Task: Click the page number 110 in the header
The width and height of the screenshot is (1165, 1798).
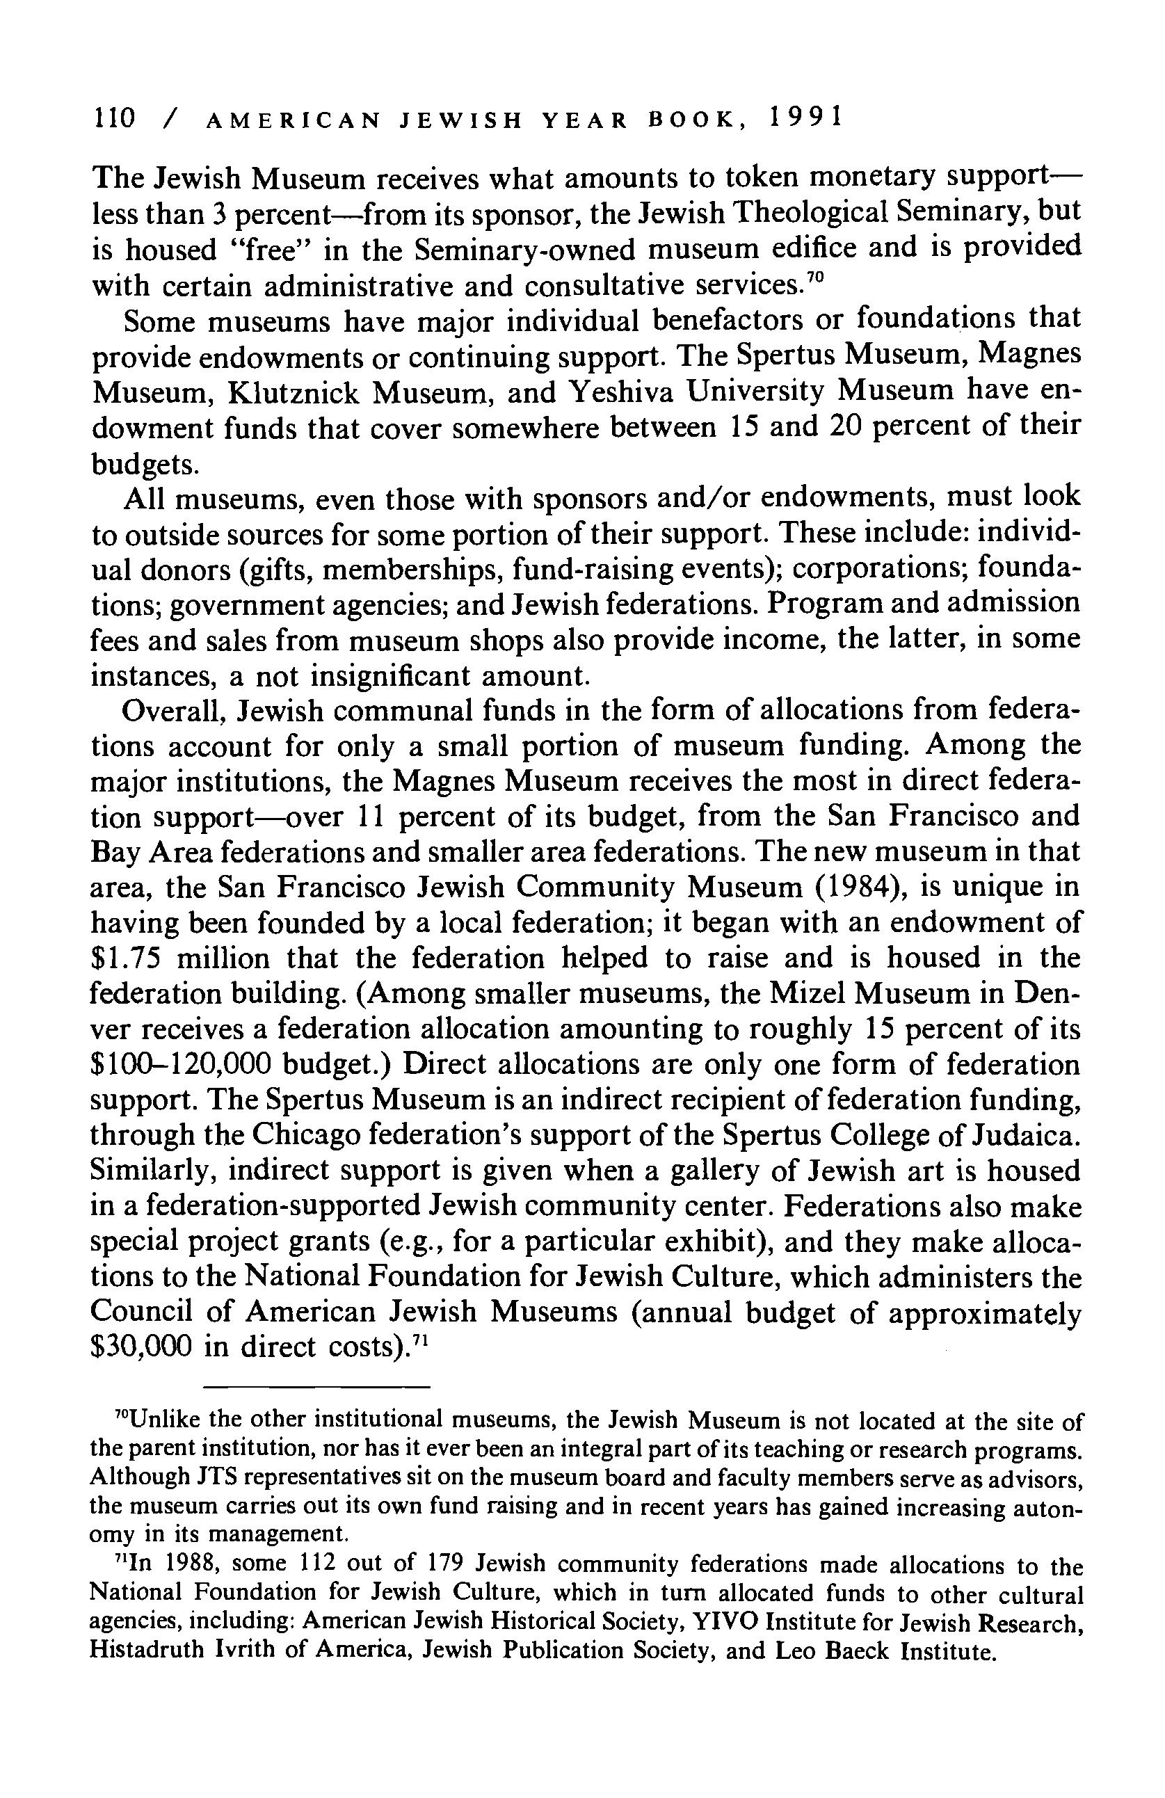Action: click(113, 119)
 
